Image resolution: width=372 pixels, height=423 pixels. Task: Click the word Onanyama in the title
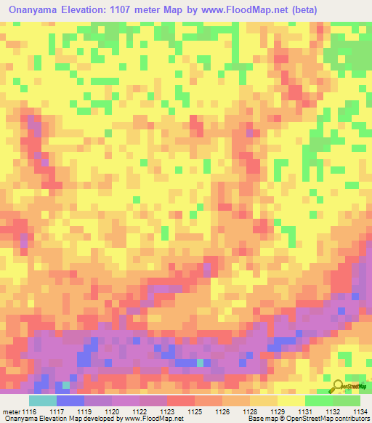pyautogui.click(x=34, y=10)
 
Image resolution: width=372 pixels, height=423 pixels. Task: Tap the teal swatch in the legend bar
pyautogui.click(x=43, y=401)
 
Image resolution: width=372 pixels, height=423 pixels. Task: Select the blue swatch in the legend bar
pyautogui.click(x=70, y=401)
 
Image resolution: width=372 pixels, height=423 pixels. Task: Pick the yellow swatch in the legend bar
pyautogui.click(x=291, y=401)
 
